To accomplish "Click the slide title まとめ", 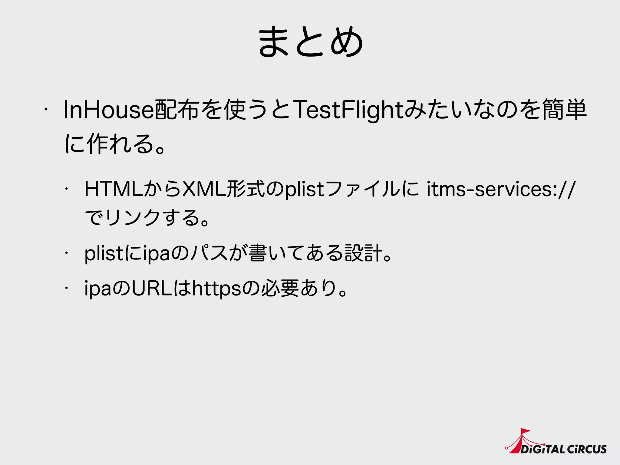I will click(x=310, y=42).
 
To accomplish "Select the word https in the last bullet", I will click(x=217, y=288).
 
